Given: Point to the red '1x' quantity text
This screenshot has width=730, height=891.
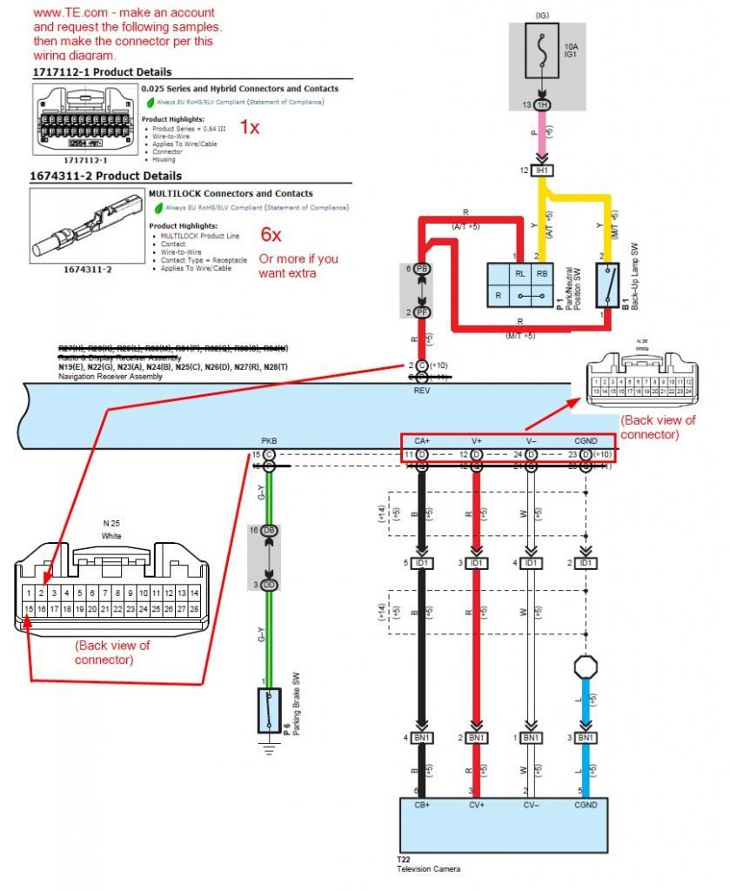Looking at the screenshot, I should pos(250,127).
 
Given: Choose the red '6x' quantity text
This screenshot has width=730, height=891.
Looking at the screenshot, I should pos(271,233).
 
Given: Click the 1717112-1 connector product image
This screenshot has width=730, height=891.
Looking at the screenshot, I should pos(85,120).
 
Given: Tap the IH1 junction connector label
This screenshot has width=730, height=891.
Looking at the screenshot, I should pos(542,171).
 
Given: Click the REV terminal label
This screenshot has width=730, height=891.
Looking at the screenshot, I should pos(421,390).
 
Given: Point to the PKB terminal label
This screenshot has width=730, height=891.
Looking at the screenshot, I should pos(269,441).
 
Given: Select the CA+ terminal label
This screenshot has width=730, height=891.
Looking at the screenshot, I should pos(423,441).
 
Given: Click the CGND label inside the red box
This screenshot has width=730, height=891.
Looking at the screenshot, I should pos(586,441).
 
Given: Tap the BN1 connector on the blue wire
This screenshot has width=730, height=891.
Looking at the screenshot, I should pos(586,738).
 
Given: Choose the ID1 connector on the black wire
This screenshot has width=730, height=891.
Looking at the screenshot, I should pos(423,563).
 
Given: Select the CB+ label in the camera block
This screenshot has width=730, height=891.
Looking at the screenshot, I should pos(423,805).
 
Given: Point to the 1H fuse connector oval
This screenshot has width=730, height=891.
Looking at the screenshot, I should pos(541,104).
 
